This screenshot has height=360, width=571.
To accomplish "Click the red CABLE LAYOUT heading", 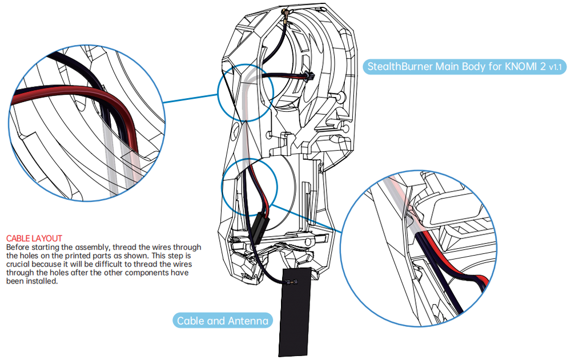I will pos(34,237).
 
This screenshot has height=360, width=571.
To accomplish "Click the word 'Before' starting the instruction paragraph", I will pos(18,247).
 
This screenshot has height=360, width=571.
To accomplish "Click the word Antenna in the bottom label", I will pos(247,321).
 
